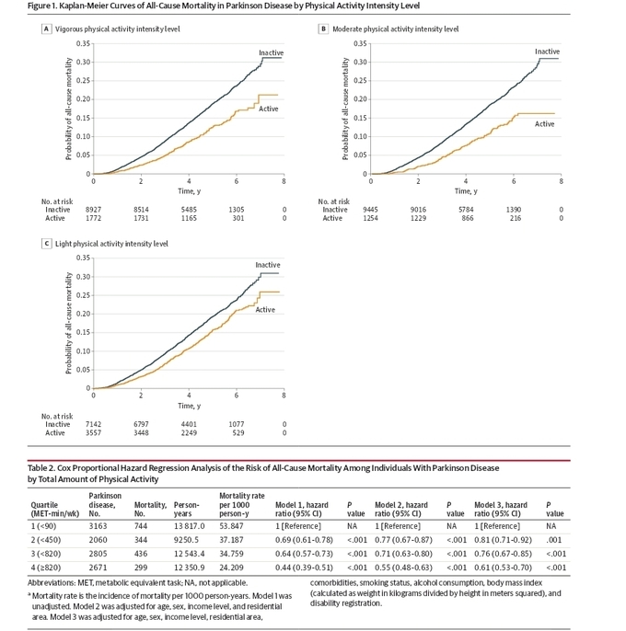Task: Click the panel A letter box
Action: click(46, 29)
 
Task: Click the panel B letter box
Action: click(323, 29)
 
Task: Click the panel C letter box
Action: click(46, 244)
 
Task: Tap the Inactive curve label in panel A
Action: click(271, 53)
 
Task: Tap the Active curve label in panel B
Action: click(544, 123)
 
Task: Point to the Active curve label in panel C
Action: click(265, 310)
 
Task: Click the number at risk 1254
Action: click(370, 218)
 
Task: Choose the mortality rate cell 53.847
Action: click(232, 525)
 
